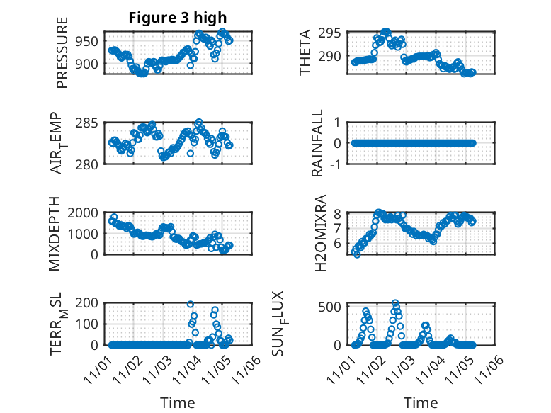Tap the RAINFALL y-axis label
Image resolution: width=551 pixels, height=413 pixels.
(317, 142)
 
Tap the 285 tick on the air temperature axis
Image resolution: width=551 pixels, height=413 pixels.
(91, 123)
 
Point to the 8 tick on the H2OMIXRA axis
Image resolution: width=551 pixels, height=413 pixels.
(339, 213)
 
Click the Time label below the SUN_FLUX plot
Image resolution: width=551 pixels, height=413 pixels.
(421, 402)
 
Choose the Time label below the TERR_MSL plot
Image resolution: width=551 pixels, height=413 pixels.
(177, 402)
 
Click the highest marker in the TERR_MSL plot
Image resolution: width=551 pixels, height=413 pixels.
(190, 304)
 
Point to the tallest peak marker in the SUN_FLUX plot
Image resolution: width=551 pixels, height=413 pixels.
(395, 303)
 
